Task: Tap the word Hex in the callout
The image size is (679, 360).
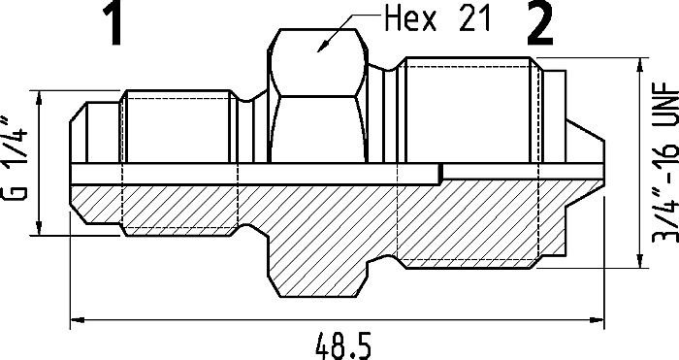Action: click(x=411, y=19)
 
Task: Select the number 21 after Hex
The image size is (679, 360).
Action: click(x=475, y=19)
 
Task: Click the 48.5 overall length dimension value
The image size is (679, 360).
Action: click(x=343, y=346)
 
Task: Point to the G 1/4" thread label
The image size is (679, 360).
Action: click(x=16, y=158)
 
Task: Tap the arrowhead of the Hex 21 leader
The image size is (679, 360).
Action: click(x=323, y=47)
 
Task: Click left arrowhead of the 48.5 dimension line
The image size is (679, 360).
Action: click(x=77, y=320)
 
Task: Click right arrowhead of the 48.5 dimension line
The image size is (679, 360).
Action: click(x=598, y=320)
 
